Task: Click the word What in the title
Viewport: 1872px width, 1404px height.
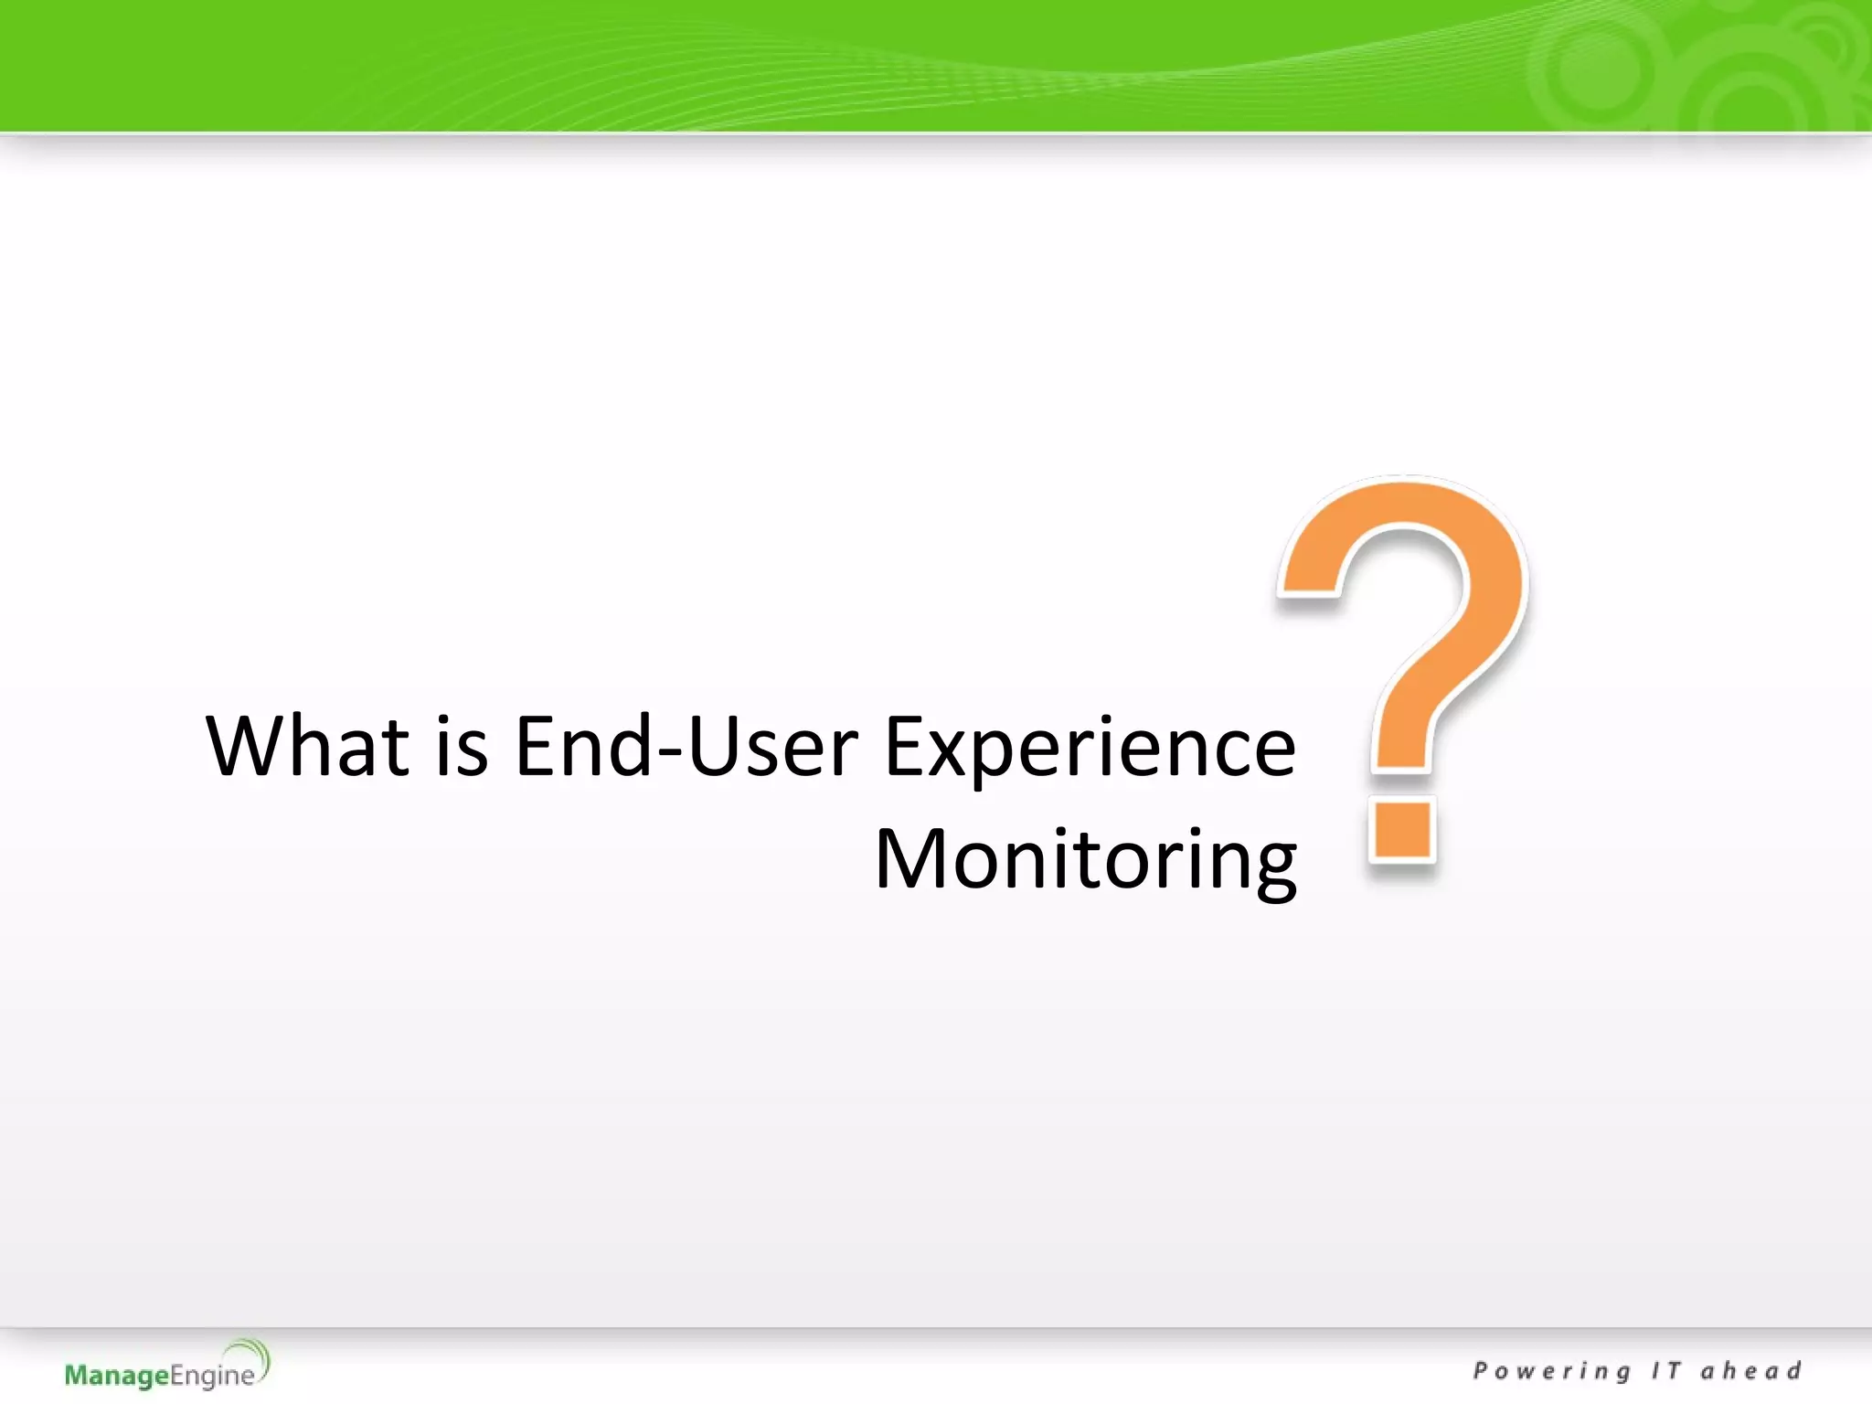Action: coord(307,747)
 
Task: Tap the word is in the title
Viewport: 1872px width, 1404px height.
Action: coord(462,747)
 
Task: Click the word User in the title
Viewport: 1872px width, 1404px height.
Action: coord(773,747)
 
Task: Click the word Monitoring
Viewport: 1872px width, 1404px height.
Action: coord(1085,860)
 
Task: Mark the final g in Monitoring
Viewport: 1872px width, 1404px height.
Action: coord(1271,868)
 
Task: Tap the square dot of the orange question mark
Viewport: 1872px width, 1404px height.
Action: coord(1401,829)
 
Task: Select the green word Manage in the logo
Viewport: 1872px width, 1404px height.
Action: coord(117,1376)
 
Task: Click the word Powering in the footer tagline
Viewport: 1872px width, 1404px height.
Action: coord(1551,1371)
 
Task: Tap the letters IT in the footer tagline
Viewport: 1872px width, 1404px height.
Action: coord(1665,1370)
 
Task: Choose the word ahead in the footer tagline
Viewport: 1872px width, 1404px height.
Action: coord(1750,1370)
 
